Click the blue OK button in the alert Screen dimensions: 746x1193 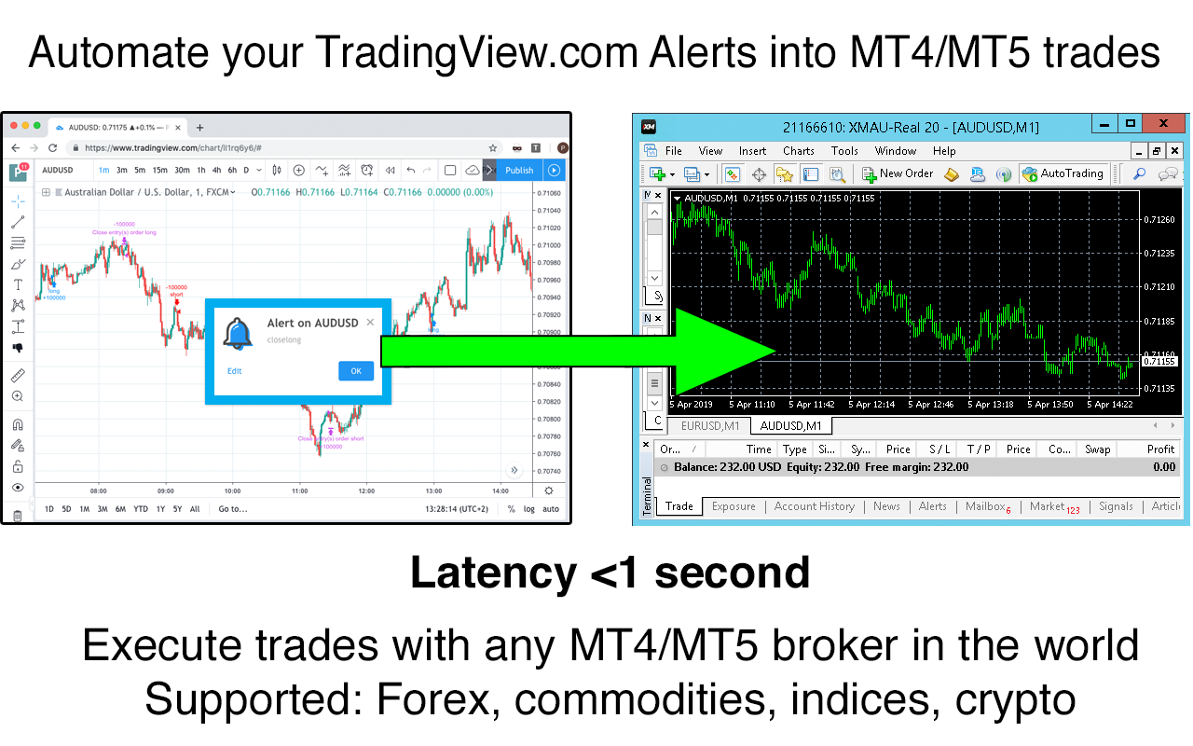(356, 371)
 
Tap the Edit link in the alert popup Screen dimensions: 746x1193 (234, 371)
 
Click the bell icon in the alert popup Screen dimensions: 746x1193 (239, 333)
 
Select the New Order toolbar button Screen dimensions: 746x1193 (897, 173)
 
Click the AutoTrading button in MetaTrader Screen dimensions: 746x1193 (1063, 173)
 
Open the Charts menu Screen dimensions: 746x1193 (798, 151)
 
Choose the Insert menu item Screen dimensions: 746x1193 (752, 151)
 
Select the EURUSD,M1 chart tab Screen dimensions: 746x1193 (710, 426)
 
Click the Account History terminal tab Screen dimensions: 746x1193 (814, 506)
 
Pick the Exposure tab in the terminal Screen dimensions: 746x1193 (734, 506)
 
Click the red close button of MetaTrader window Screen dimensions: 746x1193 (1164, 124)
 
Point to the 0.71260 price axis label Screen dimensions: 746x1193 (1159, 220)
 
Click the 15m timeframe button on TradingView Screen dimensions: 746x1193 (160, 170)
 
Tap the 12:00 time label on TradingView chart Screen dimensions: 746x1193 (366, 490)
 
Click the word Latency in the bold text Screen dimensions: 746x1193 (493, 573)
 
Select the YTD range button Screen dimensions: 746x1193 (141, 509)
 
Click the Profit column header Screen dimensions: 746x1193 (1160, 449)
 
